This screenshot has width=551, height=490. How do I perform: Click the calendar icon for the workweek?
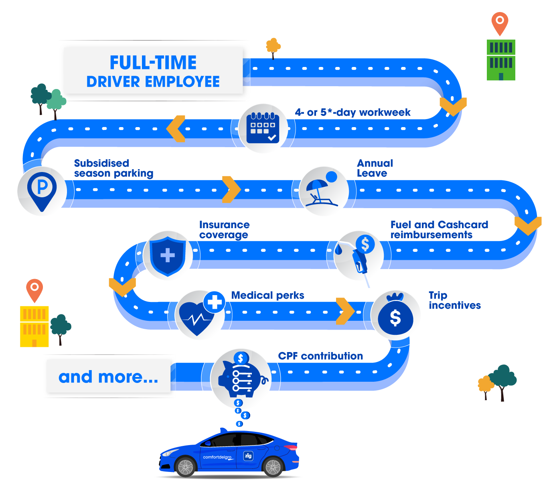click(263, 128)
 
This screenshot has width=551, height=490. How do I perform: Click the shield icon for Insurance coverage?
click(167, 255)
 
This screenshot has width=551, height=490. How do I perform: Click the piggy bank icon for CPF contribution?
click(241, 377)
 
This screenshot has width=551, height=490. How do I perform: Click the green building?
click(501, 60)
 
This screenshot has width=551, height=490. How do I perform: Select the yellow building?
click(34, 326)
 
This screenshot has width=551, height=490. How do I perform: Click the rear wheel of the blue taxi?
click(273, 467)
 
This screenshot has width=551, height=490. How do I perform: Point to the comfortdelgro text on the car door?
click(217, 457)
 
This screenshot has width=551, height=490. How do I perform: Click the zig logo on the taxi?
click(248, 456)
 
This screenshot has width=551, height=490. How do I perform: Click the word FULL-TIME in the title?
click(153, 63)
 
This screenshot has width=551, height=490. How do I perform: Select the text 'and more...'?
click(108, 377)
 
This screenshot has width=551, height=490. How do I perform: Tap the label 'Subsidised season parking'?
click(113, 168)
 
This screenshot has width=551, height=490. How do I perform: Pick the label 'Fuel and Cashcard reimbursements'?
click(439, 230)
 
